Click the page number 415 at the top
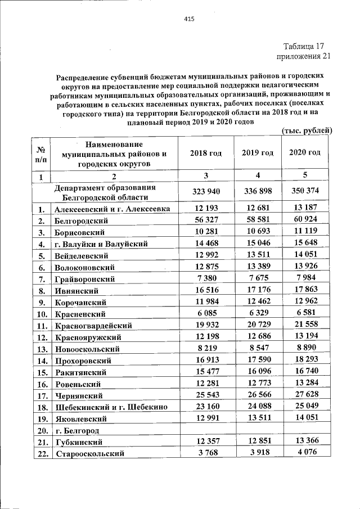pos(189,19)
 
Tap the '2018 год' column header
pos(205,153)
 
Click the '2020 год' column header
pos(305,153)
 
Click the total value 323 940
pos(205,191)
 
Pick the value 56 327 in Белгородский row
pos(205,221)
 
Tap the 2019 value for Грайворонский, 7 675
pos(257,278)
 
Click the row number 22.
pos(41,453)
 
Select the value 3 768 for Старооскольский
pos(205,453)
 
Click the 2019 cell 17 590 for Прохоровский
pos(257,360)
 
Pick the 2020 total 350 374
pos(305,191)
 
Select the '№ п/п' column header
pos(40,153)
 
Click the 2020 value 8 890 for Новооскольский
pos(305,348)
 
